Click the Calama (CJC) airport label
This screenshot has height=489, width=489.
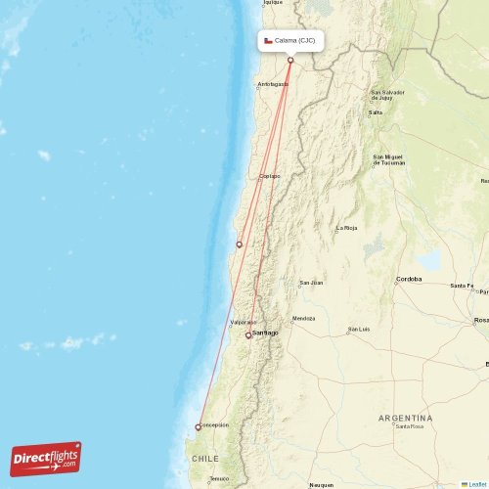[x=294, y=41]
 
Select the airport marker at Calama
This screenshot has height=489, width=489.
[x=290, y=61]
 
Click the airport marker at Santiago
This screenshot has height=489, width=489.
[x=248, y=334]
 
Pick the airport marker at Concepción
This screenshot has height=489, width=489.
[x=198, y=426]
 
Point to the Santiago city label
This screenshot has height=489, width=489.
[x=266, y=333]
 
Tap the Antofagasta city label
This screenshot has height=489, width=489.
[x=273, y=85]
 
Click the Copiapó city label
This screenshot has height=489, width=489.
[x=269, y=176]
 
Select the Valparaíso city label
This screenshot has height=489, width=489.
[x=244, y=322]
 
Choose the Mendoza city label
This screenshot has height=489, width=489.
[x=304, y=318]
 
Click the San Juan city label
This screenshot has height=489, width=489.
[x=311, y=283]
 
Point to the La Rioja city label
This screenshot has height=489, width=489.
[x=347, y=229]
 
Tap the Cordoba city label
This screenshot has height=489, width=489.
[x=409, y=279]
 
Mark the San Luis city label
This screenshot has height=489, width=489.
[x=359, y=330]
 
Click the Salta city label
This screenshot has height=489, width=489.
[x=376, y=112]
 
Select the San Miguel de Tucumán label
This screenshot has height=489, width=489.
[x=388, y=159]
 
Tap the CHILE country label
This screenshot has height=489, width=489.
[x=205, y=458]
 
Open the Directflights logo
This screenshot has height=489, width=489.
[x=46, y=458]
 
